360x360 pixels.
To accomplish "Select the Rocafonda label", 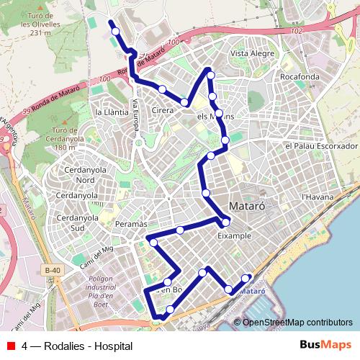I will pos(300,76).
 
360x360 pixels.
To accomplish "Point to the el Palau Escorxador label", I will pos(321,145).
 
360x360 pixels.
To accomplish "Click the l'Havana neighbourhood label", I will pos(315,195).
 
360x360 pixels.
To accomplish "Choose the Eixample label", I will pos(233,235).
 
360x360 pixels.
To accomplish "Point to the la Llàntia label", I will pos(111,112).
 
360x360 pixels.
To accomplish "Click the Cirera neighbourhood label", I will pos(163,111).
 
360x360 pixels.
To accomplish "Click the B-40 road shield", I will pos(50,271).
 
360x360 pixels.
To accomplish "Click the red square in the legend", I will pos(10,346).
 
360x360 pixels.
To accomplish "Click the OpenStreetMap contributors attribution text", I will pos(297,323).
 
